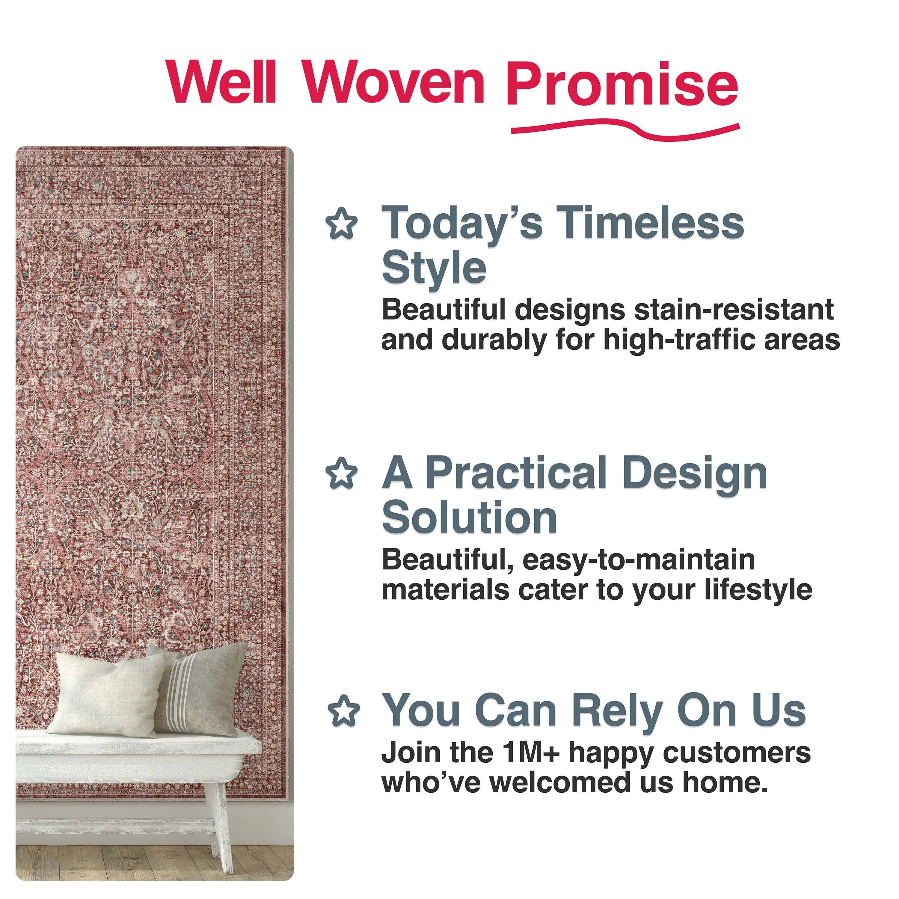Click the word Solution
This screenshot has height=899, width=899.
469,518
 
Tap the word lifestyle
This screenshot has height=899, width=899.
758,590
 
